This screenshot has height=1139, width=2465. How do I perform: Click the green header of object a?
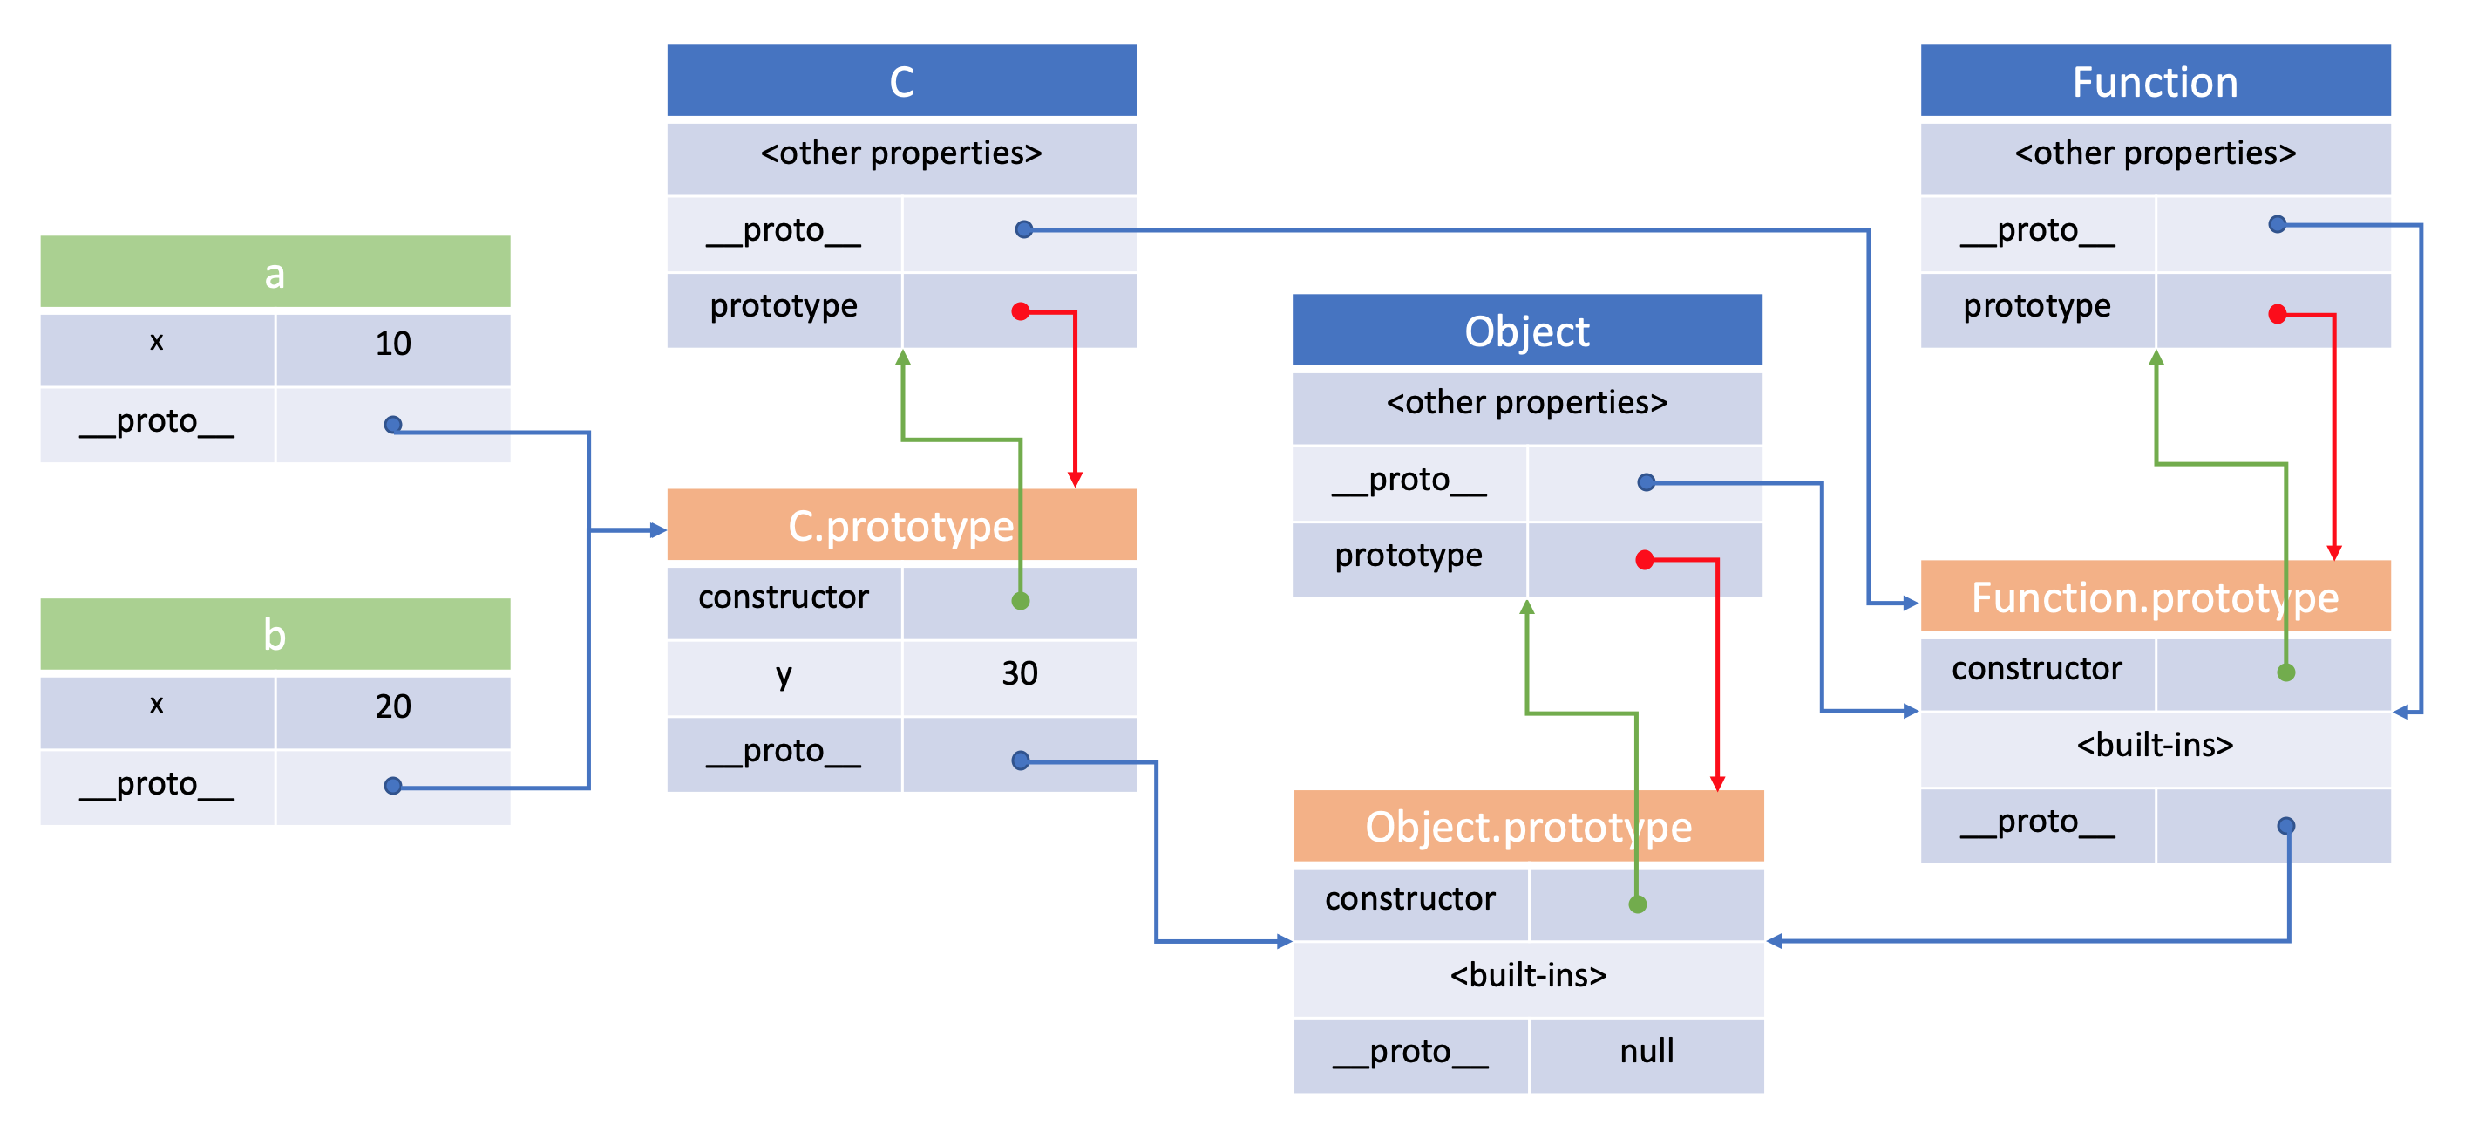pyautogui.click(x=275, y=272)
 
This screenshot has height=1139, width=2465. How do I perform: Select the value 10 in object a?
pyautogui.click(x=392, y=344)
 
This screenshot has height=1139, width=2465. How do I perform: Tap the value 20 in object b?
pyautogui.click(x=392, y=706)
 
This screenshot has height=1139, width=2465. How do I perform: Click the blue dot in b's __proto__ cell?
pyautogui.click(x=392, y=786)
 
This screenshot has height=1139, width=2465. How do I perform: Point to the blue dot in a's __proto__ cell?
pyautogui.click(x=392, y=424)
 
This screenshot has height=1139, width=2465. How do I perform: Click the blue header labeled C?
pyautogui.click(x=901, y=81)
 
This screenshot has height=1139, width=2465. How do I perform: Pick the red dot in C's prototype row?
pyautogui.click(x=1020, y=311)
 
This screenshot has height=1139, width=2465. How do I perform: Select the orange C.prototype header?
pyautogui.click(x=901, y=526)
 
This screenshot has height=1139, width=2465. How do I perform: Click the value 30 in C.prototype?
pyautogui.click(x=1019, y=674)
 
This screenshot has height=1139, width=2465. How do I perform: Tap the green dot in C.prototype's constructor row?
pyautogui.click(x=1020, y=601)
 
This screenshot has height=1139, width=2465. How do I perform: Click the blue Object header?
pyautogui.click(x=1526, y=331)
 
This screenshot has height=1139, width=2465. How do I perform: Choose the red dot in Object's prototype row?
pyautogui.click(x=1644, y=560)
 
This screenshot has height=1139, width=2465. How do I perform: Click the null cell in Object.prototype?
pyautogui.click(x=1646, y=1052)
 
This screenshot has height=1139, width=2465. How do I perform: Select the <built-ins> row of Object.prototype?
pyautogui.click(x=1528, y=975)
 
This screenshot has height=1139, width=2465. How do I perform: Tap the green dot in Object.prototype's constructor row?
pyautogui.click(x=1637, y=904)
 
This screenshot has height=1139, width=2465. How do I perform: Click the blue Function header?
pyautogui.click(x=2155, y=81)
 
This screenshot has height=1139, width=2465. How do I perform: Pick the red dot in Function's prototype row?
pyautogui.click(x=2278, y=314)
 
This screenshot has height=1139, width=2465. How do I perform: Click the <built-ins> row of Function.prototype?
pyautogui.click(x=2155, y=745)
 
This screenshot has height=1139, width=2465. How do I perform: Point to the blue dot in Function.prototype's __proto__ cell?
pyautogui.click(x=2286, y=825)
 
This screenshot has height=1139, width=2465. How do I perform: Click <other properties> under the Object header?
pyautogui.click(x=1526, y=403)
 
